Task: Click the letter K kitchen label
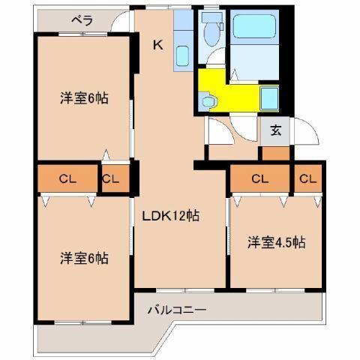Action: click(x=157, y=45)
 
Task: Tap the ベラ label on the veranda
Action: click(x=82, y=20)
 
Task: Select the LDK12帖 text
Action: click(x=171, y=216)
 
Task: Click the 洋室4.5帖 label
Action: click(x=277, y=242)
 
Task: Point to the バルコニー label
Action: click(x=177, y=309)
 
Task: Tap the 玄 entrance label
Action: click(x=275, y=130)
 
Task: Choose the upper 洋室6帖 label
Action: click(x=84, y=97)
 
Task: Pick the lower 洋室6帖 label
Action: click(x=84, y=258)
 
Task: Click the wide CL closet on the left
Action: click(x=67, y=178)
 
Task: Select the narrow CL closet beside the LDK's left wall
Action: click(x=111, y=178)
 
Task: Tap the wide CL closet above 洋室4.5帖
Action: click(x=260, y=178)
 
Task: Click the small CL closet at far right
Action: click(x=306, y=178)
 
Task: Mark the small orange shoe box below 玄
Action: click(x=275, y=154)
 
